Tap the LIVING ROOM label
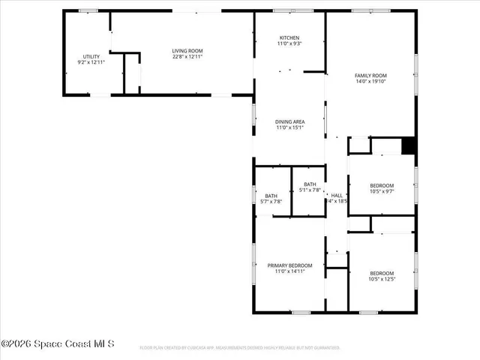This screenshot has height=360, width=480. coord(187,51)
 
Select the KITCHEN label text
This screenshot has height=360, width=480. coord(289,37)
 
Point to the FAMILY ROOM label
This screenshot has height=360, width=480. coord(370,76)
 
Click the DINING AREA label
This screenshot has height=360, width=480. coord(289,121)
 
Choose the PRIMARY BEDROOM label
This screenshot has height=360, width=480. coord(289,265)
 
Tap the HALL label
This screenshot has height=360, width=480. coord(337,195)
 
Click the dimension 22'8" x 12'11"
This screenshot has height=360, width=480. coord(187,58)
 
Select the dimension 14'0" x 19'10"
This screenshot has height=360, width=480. coord(370,82)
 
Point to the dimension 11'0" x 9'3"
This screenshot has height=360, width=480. coord(289,44)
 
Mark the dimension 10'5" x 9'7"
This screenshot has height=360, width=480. coord(381,192)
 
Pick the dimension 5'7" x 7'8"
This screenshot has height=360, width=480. coord(270,202)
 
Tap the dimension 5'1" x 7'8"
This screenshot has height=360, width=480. coord(310,190)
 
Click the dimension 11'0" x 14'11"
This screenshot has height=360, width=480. coord(289,272)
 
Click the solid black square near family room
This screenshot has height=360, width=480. coord(408,145)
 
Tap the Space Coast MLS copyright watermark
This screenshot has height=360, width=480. coord(58,344)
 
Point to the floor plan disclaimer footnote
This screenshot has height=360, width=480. coord(240,348)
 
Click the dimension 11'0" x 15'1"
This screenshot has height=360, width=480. coord(289,128)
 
